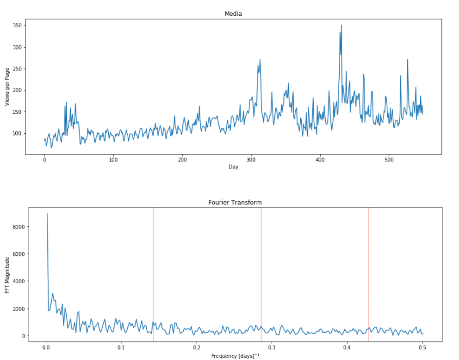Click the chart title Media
click(x=233, y=14)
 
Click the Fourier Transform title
click(x=235, y=202)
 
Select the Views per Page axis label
click(x=7, y=87)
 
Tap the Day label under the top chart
click(x=233, y=167)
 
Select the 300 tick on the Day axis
click(x=251, y=160)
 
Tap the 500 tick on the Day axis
click(x=389, y=160)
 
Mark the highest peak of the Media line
click(x=341, y=25)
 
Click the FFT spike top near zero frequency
click(x=47, y=213)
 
